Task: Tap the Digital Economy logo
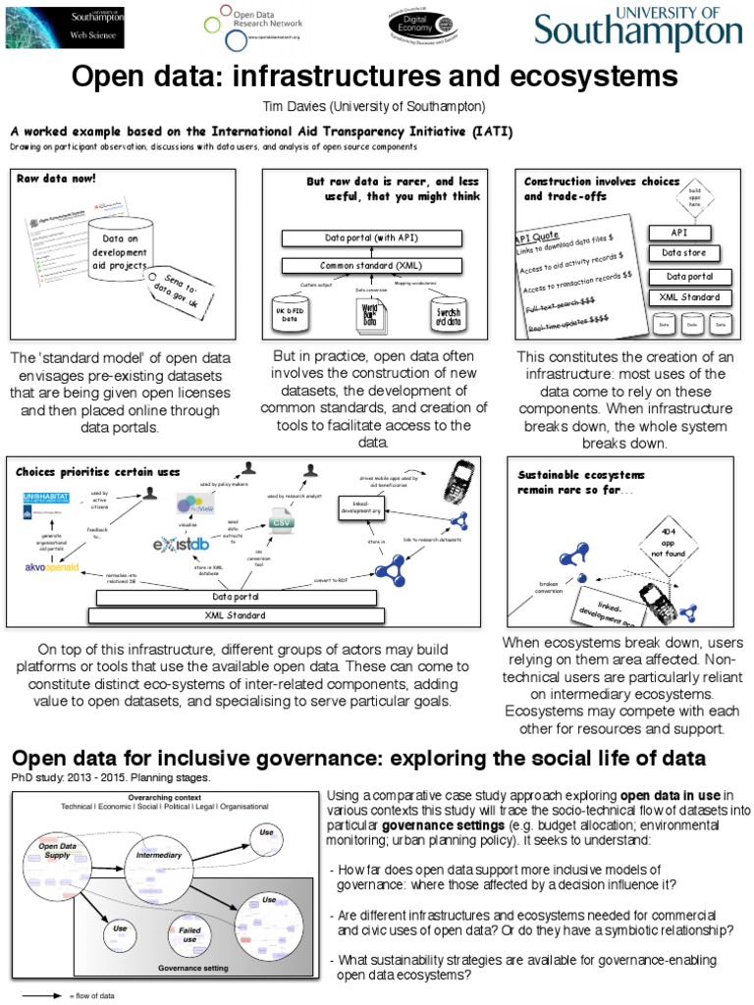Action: (x=418, y=30)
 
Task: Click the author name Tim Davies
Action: (x=376, y=106)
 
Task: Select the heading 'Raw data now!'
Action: (x=55, y=180)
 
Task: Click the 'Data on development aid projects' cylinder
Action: (x=120, y=251)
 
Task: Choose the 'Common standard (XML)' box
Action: (x=371, y=265)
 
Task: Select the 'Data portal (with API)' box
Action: (x=371, y=238)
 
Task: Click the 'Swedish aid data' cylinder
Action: (x=447, y=312)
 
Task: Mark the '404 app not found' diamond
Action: (x=667, y=539)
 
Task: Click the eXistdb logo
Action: (x=182, y=544)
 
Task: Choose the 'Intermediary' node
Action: (x=159, y=855)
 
